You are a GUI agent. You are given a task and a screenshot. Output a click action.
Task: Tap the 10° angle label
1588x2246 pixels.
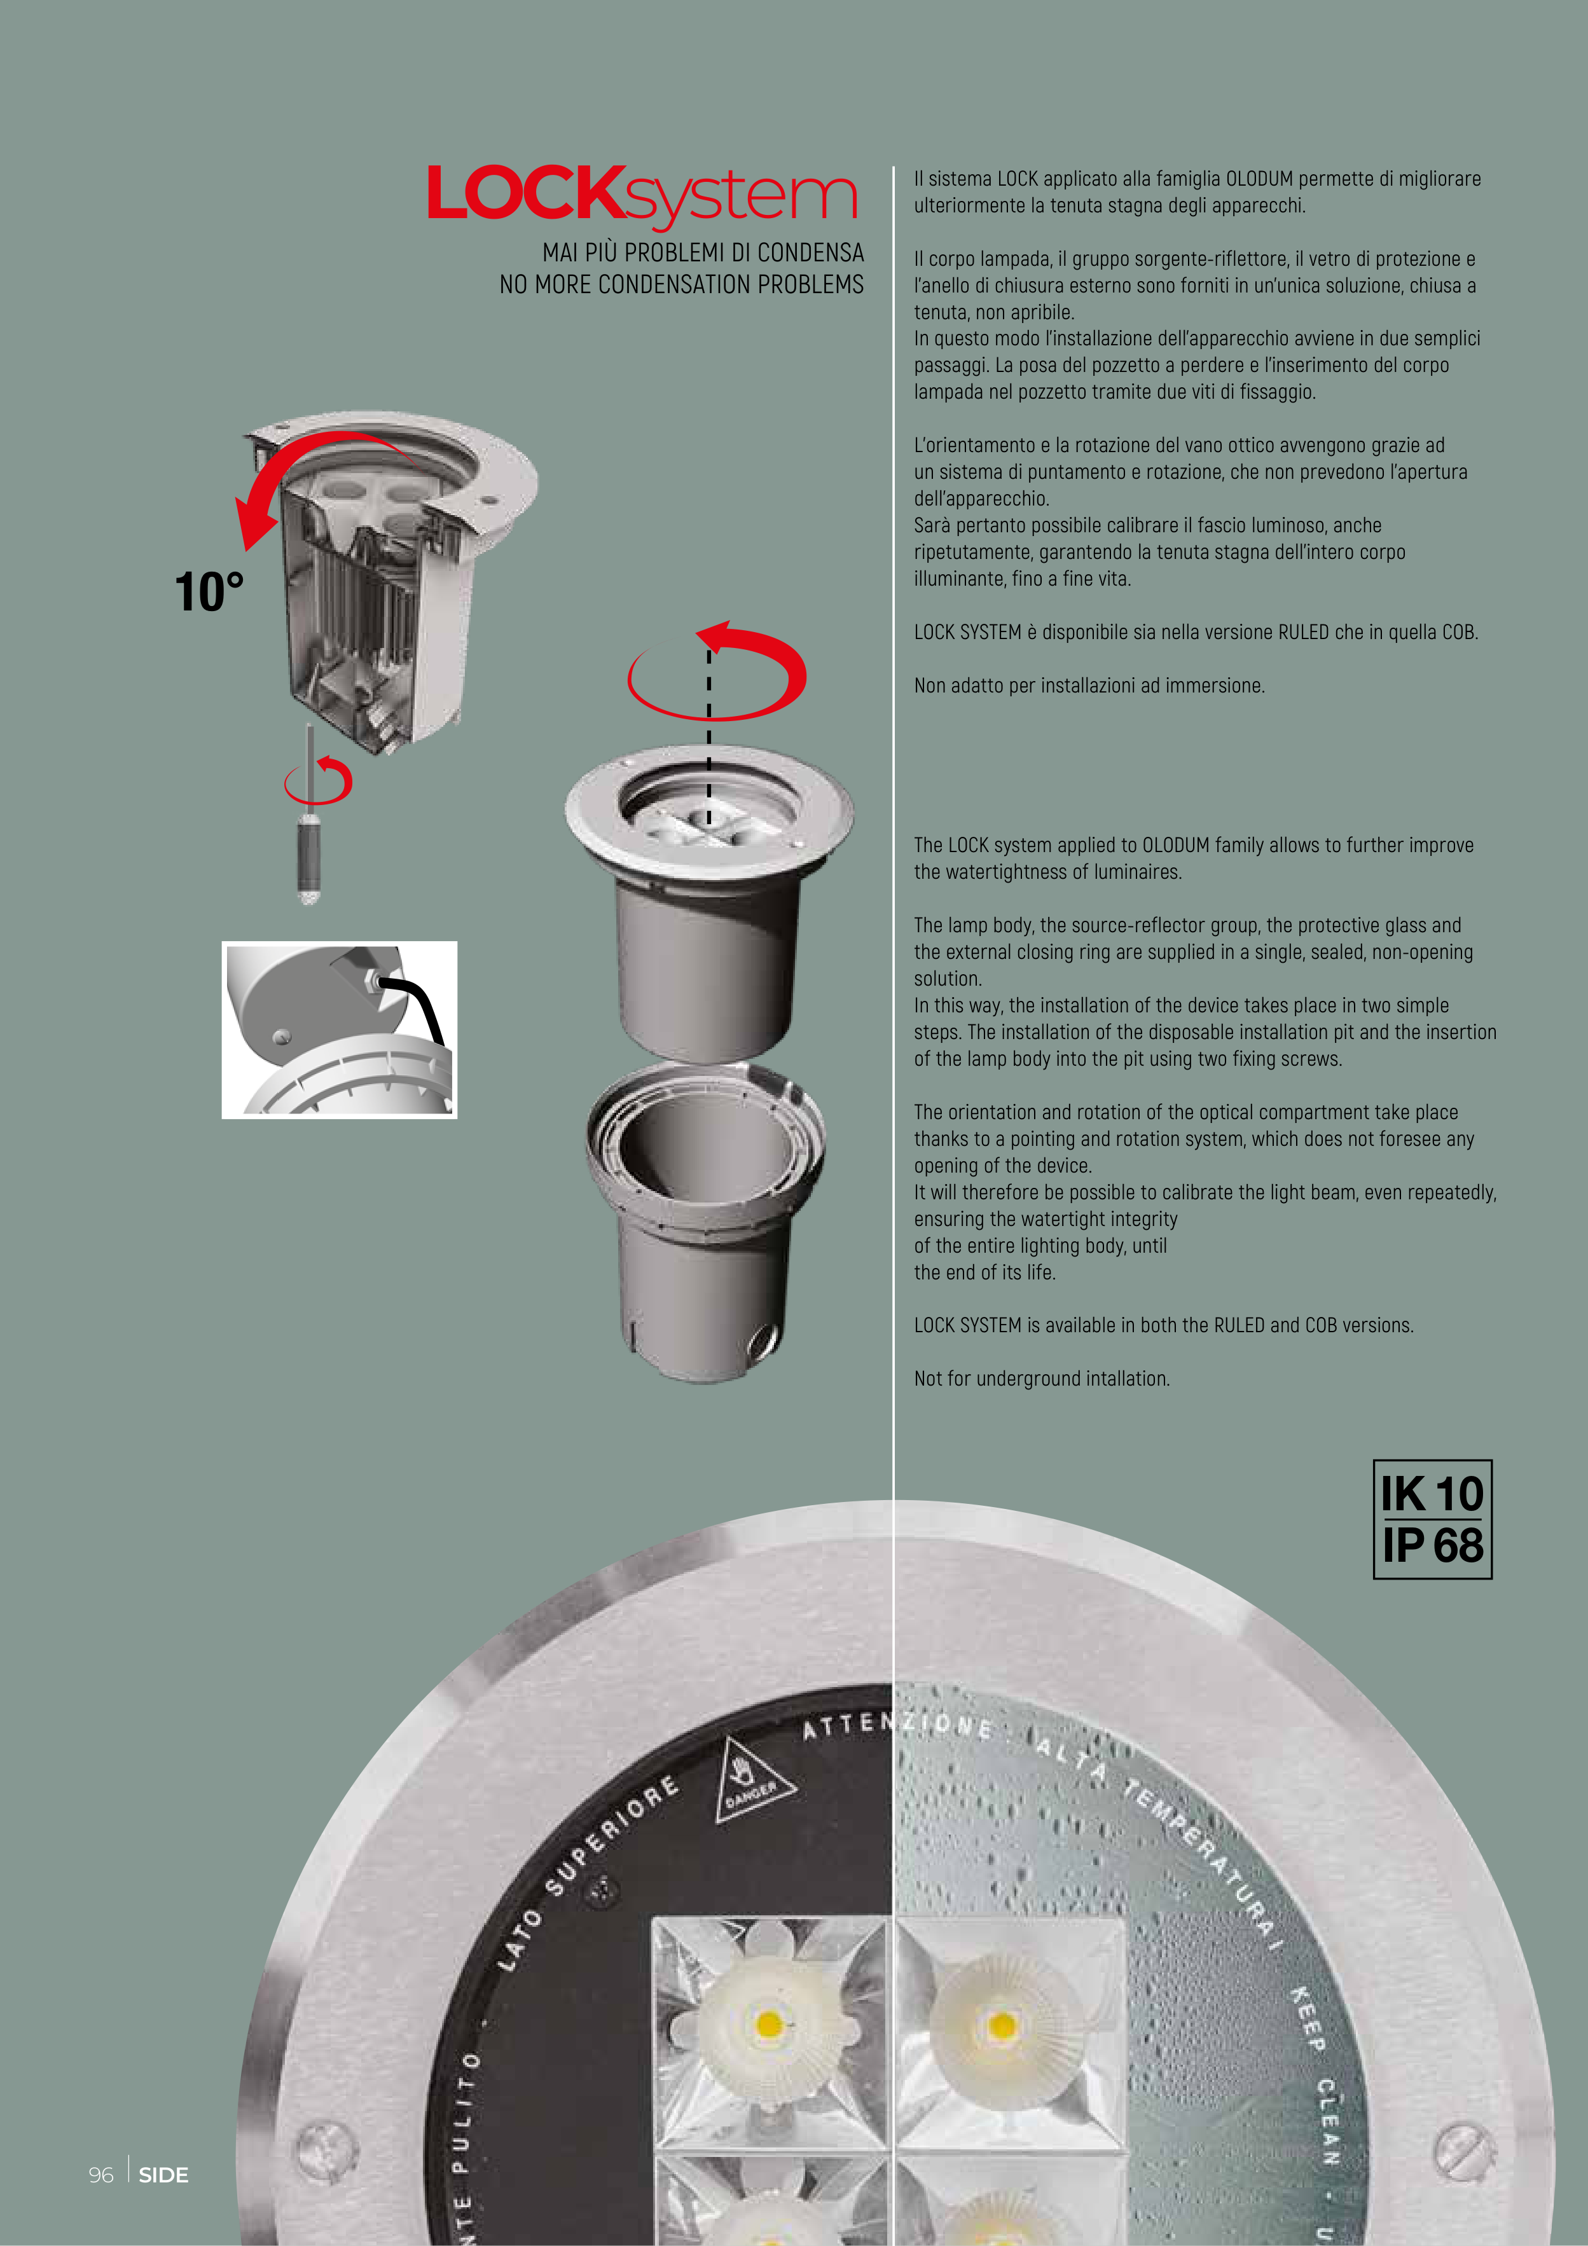pos(209,592)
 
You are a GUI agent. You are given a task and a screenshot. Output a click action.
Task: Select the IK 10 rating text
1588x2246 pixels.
pos(1432,1494)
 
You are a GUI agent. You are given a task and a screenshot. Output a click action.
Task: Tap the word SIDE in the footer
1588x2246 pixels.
pos(163,2175)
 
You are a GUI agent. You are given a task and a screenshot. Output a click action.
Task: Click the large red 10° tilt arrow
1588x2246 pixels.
pos(294,469)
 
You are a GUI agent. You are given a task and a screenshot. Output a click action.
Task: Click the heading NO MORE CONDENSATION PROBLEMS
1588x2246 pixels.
pos(681,285)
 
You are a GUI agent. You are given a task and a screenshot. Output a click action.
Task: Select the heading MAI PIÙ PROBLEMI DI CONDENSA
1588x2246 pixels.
pos(703,252)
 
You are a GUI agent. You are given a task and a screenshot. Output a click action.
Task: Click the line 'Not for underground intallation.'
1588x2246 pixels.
pos(1042,1379)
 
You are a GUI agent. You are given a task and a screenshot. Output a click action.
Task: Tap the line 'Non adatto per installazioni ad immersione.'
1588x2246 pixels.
pos(1089,686)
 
